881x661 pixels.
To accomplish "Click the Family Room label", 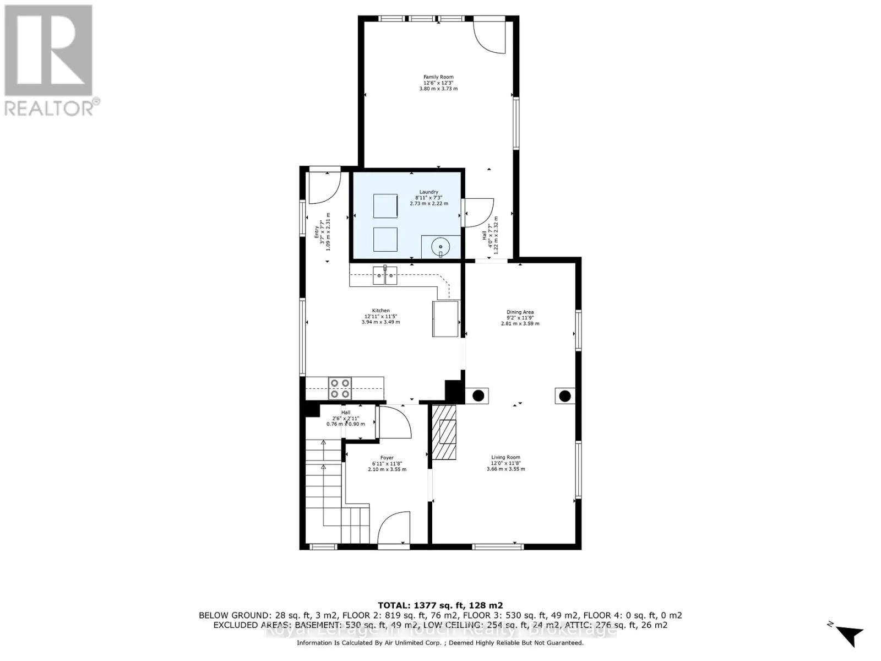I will click(438, 83).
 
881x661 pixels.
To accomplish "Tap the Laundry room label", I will click(428, 198).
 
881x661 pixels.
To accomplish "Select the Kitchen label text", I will click(380, 316).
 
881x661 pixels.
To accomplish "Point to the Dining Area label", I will click(520, 318).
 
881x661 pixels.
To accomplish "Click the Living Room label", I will click(505, 463).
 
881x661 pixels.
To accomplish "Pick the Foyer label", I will click(387, 464).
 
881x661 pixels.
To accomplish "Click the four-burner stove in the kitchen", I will click(340, 388).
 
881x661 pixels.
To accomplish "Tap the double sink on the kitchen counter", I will click(385, 275).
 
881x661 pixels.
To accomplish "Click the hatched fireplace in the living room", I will click(444, 432).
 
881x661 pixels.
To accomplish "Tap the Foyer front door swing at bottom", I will click(394, 527).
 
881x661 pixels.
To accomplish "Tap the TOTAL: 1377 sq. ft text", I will click(440, 605).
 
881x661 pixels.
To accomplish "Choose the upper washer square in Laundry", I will click(385, 206).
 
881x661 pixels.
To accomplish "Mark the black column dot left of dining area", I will click(478, 395).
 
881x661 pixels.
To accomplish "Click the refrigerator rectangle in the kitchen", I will click(445, 318).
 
